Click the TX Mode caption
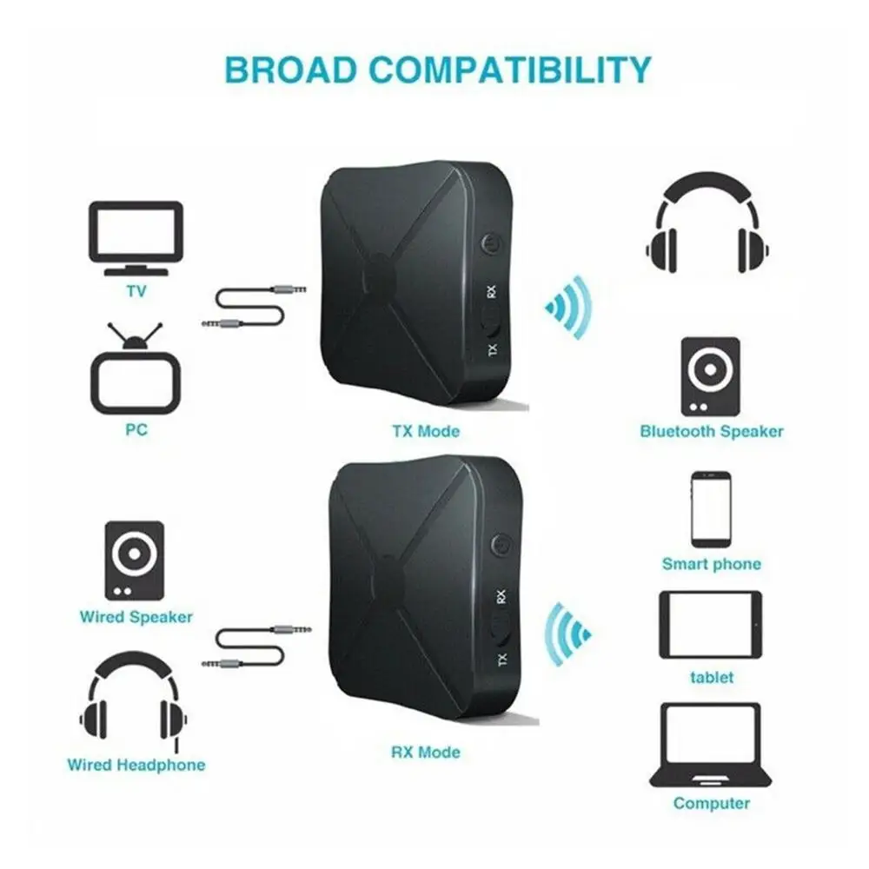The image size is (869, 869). click(x=426, y=431)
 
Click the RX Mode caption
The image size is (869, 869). click(x=426, y=752)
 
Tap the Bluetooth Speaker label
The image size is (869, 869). click(x=711, y=431)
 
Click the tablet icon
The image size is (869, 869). click(x=711, y=625)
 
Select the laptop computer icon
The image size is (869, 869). click(x=711, y=745)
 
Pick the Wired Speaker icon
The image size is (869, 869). click(x=134, y=560)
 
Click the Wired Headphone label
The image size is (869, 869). click(x=136, y=766)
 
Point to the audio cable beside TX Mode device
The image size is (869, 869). click(x=252, y=309)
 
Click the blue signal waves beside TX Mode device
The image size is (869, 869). click(x=569, y=306)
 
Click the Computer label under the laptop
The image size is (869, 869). click(x=711, y=804)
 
